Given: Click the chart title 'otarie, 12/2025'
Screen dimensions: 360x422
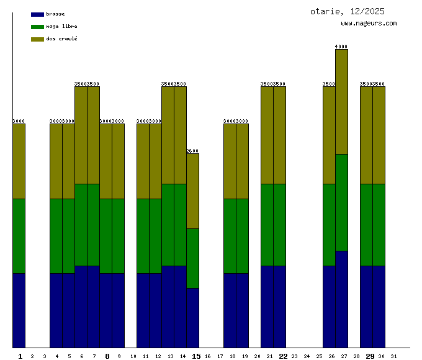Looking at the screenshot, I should click(347, 11).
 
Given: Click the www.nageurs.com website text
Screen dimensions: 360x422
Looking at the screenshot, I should click(369, 24).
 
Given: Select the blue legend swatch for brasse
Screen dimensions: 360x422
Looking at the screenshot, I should click(37, 14).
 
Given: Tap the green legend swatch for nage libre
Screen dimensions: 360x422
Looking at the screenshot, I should click(37, 27).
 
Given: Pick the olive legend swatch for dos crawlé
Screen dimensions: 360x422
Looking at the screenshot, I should click(37, 39).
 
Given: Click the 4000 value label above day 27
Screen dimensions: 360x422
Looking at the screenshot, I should click(341, 47).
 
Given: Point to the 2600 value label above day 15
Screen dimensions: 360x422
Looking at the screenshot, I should click(192, 151).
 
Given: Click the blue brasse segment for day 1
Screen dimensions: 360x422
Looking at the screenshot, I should click(19, 310).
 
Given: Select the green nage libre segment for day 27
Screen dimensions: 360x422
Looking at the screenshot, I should click(341, 202).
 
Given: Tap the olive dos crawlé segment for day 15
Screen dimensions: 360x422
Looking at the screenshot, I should click(192, 191).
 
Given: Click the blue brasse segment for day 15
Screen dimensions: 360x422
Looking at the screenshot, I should click(192, 318).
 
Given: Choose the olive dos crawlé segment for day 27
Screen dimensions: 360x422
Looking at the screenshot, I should click(341, 102).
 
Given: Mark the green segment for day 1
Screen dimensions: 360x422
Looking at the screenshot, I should click(19, 236).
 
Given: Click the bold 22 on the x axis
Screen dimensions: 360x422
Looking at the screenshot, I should click(283, 356).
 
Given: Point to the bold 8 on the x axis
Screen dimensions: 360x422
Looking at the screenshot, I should click(107, 356).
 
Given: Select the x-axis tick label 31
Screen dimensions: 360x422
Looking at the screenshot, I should click(394, 356).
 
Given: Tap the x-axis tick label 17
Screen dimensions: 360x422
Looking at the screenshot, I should click(220, 356).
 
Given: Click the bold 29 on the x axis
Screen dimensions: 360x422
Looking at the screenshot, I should click(370, 356).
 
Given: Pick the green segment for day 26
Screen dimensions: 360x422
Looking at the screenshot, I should click(329, 225).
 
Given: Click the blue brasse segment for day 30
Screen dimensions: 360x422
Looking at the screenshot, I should click(379, 307).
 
